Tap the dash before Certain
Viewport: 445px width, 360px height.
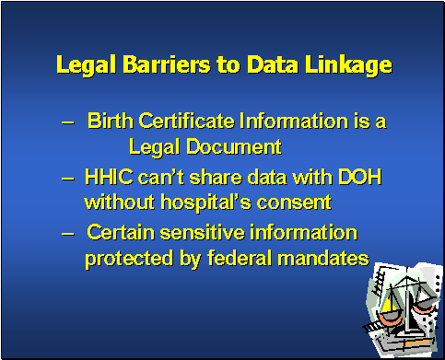67,233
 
